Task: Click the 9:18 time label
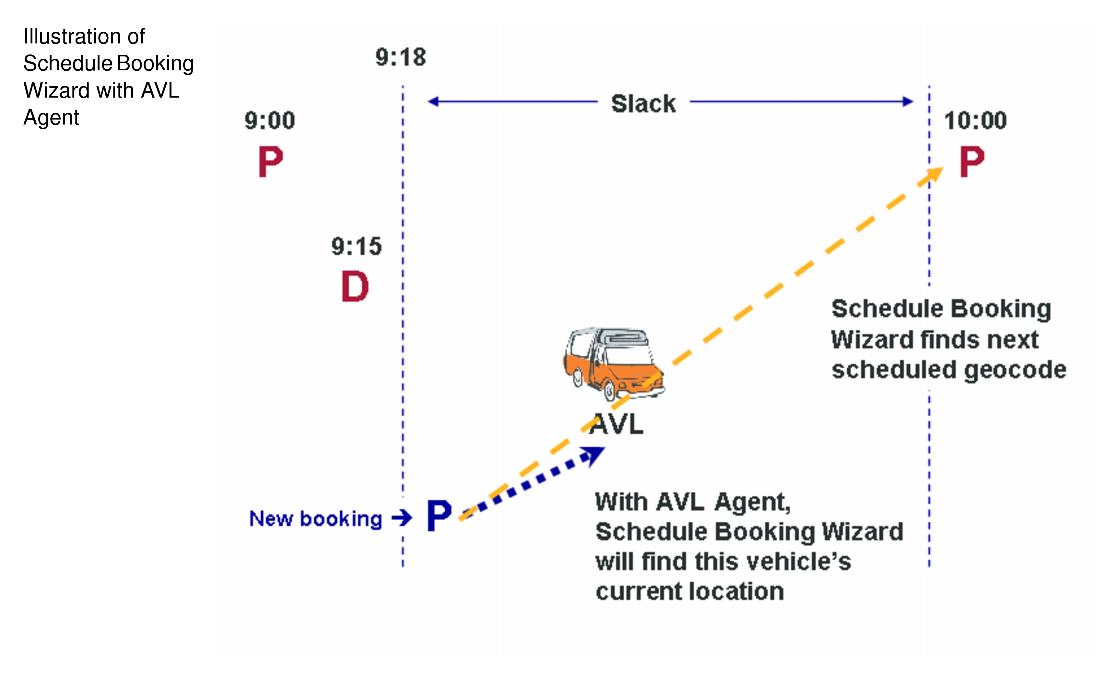(x=400, y=57)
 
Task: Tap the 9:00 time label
(x=269, y=120)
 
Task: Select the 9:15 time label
(x=356, y=246)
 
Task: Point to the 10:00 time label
(x=975, y=120)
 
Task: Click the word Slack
(x=643, y=104)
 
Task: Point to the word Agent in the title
(x=51, y=118)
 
